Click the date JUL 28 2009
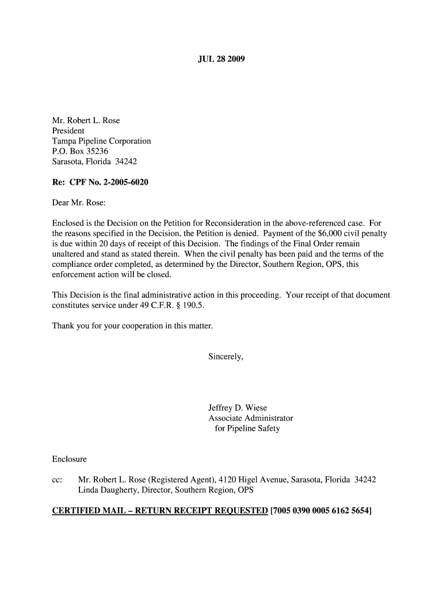click(x=221, y=59)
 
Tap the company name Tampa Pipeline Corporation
click(x=102, y=141)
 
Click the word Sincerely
click(x=226, y=357)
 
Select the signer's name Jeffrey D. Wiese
click(x=238, y=408)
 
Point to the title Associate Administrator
click(x=251, y=419)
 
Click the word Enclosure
click(x=70, y=460)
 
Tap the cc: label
click(x=57, y=480)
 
